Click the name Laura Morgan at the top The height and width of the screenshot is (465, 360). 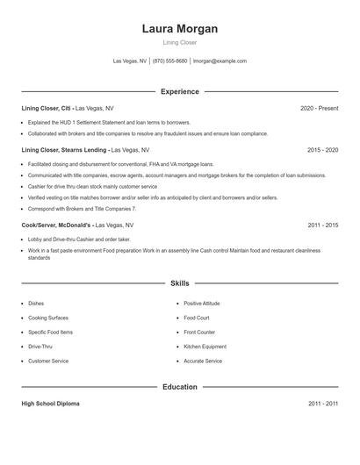point(180,29)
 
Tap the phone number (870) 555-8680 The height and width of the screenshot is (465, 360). point(169,61)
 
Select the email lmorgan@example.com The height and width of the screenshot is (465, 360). point(220,61)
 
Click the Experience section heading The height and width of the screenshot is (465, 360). point(180,91)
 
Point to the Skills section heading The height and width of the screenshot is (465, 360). point(180,283)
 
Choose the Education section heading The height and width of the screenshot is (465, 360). point(180,386)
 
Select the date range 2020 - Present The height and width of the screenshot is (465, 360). point(319,108)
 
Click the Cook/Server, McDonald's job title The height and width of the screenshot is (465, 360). point(56,225)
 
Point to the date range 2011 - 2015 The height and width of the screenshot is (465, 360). point(322,225)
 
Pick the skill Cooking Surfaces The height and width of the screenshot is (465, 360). point(48,318)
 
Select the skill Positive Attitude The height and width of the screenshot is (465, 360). point(202,304)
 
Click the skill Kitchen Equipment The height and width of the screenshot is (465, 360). point(205,347)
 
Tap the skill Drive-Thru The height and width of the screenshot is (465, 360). point(40,347)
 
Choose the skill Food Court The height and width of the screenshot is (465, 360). point(197,318)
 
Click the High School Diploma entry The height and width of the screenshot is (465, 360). point(50,404)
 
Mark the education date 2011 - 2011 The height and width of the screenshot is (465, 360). point(322,404)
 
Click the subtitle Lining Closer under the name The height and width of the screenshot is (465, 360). point(180,42)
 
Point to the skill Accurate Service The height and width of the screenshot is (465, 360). point(203,361)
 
